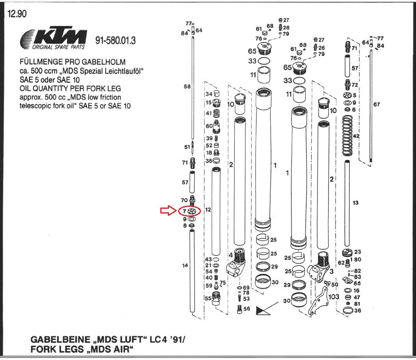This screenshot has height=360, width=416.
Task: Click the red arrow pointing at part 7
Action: [x=168, y=211]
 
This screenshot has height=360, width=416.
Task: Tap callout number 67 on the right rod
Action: [x=377, y=104]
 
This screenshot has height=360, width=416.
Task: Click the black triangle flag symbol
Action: [x=262, y=310]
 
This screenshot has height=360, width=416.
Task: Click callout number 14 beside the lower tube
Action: [x=185, y=265]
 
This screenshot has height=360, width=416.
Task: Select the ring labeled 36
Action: [x=347, y=310]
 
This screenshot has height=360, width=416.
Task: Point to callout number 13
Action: [x=355, y=202]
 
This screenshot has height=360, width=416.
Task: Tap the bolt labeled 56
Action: [x=240, y=309]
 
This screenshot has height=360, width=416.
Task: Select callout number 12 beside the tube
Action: [x=208, y=210]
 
